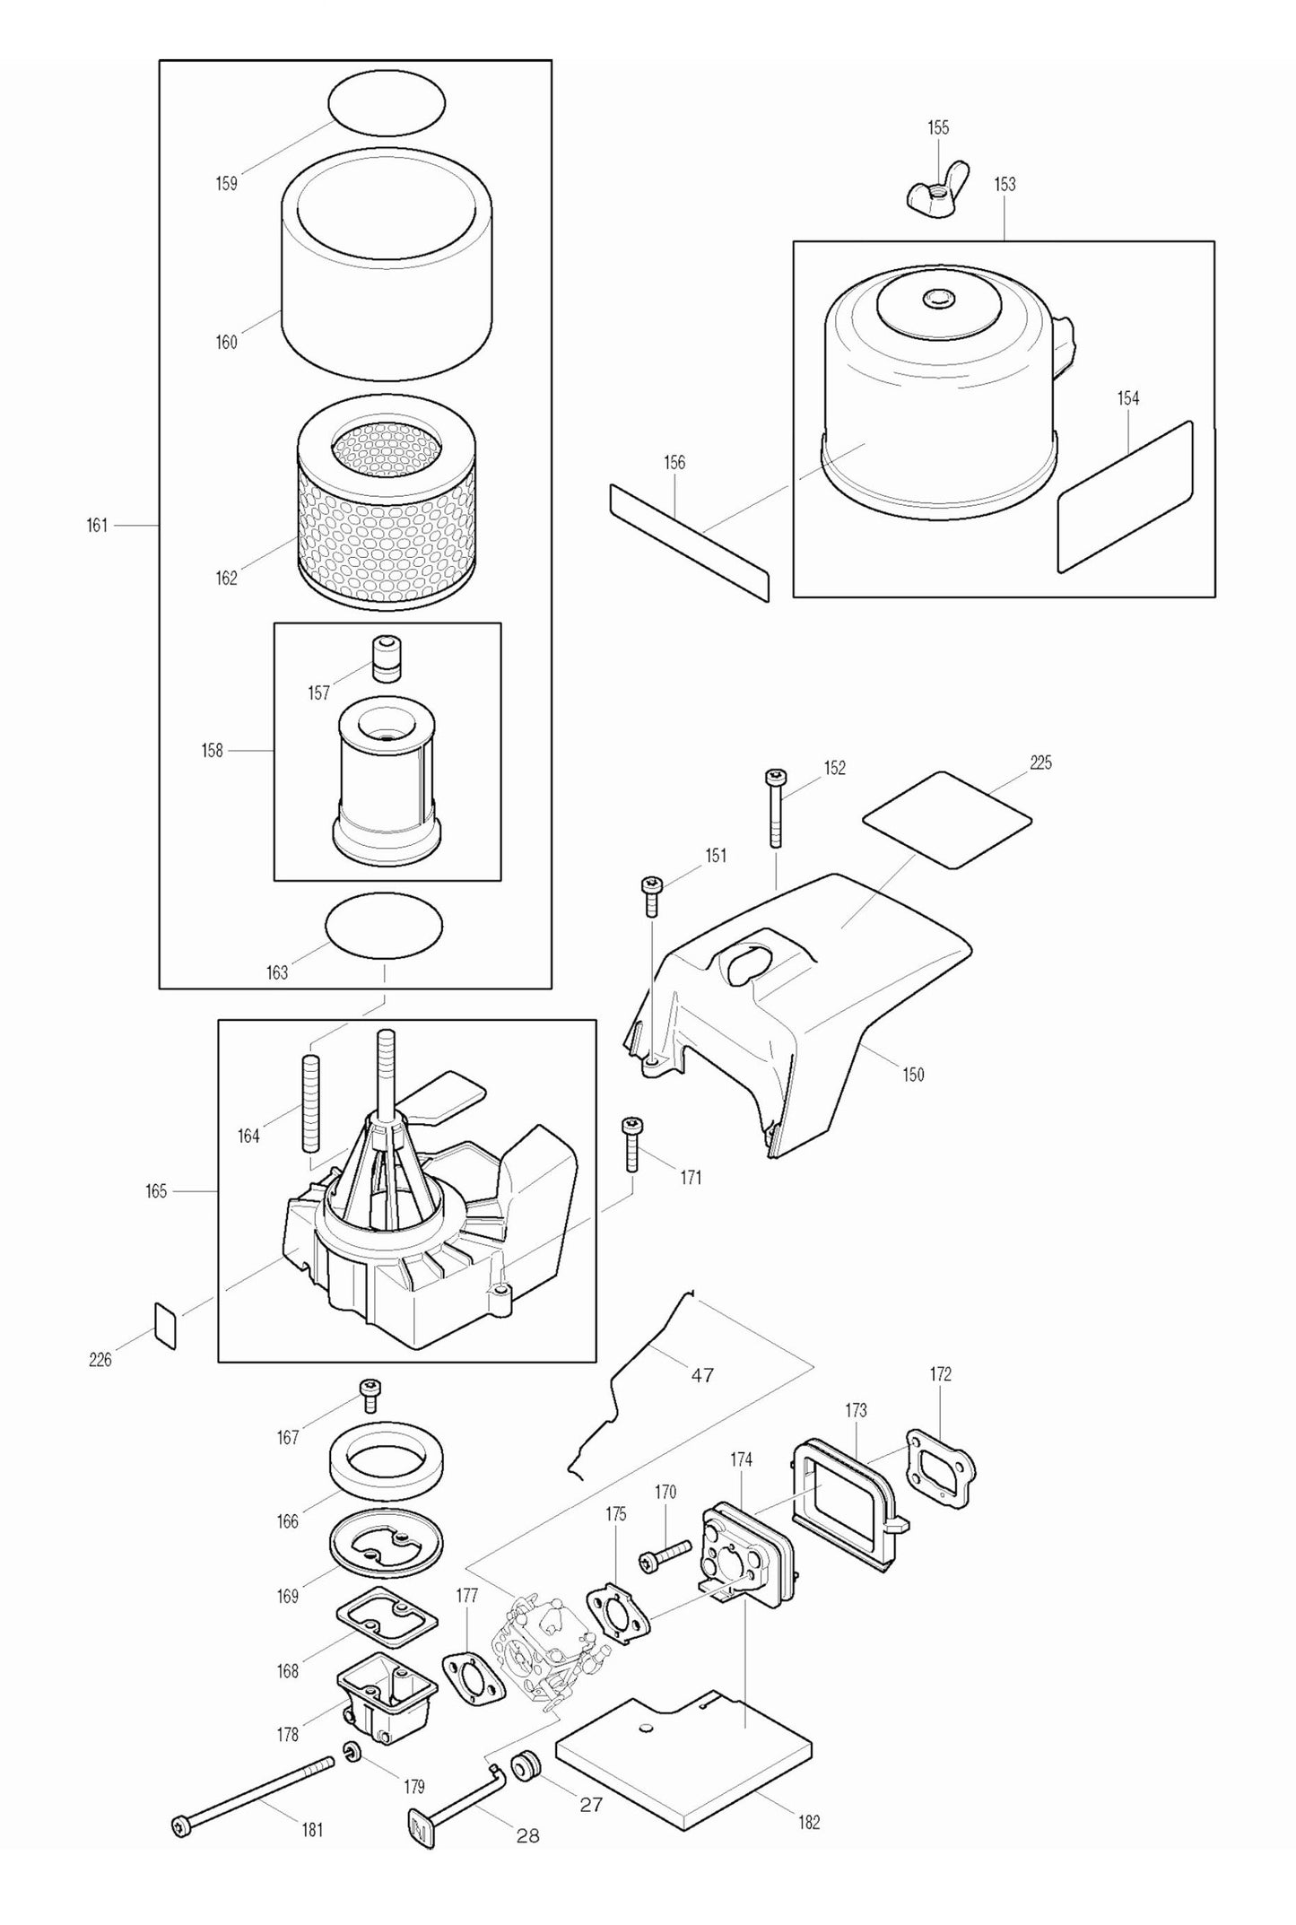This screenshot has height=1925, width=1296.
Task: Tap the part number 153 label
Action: coord(1005,184)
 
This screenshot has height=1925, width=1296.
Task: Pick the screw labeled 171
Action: coord(631,1144)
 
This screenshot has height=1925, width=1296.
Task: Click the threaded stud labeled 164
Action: coord(311,1104)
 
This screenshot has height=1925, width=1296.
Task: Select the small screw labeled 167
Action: coord(369,1419)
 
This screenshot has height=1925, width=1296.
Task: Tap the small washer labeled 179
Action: coord(352,1750)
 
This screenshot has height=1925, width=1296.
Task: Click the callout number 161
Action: coord(97,526)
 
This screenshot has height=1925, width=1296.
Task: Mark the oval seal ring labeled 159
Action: coord(387,105)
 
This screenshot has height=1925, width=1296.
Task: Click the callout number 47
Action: coord(702,1375)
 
